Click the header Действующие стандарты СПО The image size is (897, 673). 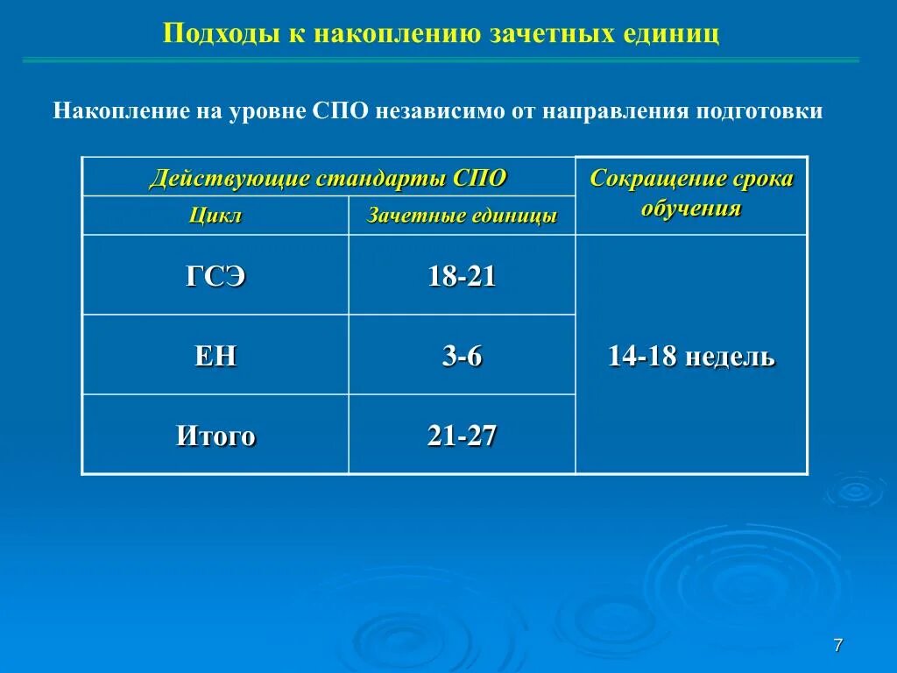(x=328, y=179)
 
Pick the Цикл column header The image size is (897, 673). (x=215, y=216)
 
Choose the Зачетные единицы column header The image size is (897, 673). (x=462, y=216)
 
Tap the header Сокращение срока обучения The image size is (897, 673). (x=691, y=194)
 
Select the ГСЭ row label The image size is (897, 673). (x=215, y=277)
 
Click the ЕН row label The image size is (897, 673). (x=215, y=357)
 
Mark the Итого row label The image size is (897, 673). (x=215, y=436)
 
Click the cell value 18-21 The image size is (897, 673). (x=462, y=277)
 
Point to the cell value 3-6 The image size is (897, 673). (x=462, y=357)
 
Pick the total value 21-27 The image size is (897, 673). (x=462, y=436)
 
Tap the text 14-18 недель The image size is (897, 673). (x=691, y=357)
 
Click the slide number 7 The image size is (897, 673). (x=837, y=646)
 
